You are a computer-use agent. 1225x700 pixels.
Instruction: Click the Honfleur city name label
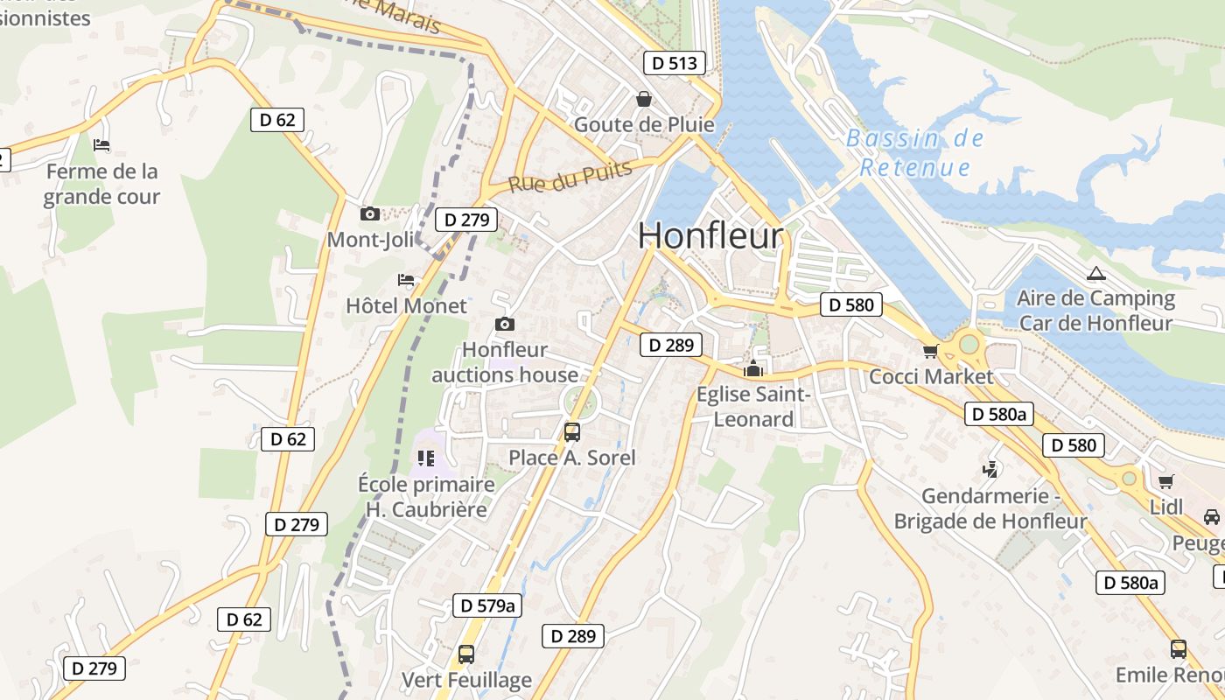point(710,236)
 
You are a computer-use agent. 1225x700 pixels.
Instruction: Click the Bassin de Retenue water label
point(915,153)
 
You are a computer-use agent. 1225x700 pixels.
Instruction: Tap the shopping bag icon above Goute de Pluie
point(644,99)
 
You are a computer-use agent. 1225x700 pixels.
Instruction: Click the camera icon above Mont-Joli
point(370,213)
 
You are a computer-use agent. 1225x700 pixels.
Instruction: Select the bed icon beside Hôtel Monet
point(406,280)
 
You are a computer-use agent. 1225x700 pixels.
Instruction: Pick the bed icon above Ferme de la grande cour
point(101,144)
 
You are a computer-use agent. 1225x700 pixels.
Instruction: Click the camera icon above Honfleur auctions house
point(504,324)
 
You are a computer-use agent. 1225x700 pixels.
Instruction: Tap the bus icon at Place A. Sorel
point(572,431)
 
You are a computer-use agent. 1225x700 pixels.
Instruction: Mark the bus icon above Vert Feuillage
point(466,654)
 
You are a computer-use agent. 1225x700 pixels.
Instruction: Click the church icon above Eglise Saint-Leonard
point(752,369)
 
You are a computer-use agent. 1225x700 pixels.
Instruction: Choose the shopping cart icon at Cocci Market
point(930,351)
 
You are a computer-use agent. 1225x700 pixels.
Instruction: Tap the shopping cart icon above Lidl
point(1165,481)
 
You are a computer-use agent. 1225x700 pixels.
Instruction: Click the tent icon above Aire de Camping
point(1095,274)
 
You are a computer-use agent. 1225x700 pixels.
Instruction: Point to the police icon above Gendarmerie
point(990,470)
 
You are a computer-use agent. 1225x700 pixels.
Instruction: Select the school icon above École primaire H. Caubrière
point(426,458)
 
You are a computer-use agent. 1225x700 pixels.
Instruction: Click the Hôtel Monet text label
point(407,306)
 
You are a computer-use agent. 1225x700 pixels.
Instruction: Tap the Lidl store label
point(1166,507)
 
